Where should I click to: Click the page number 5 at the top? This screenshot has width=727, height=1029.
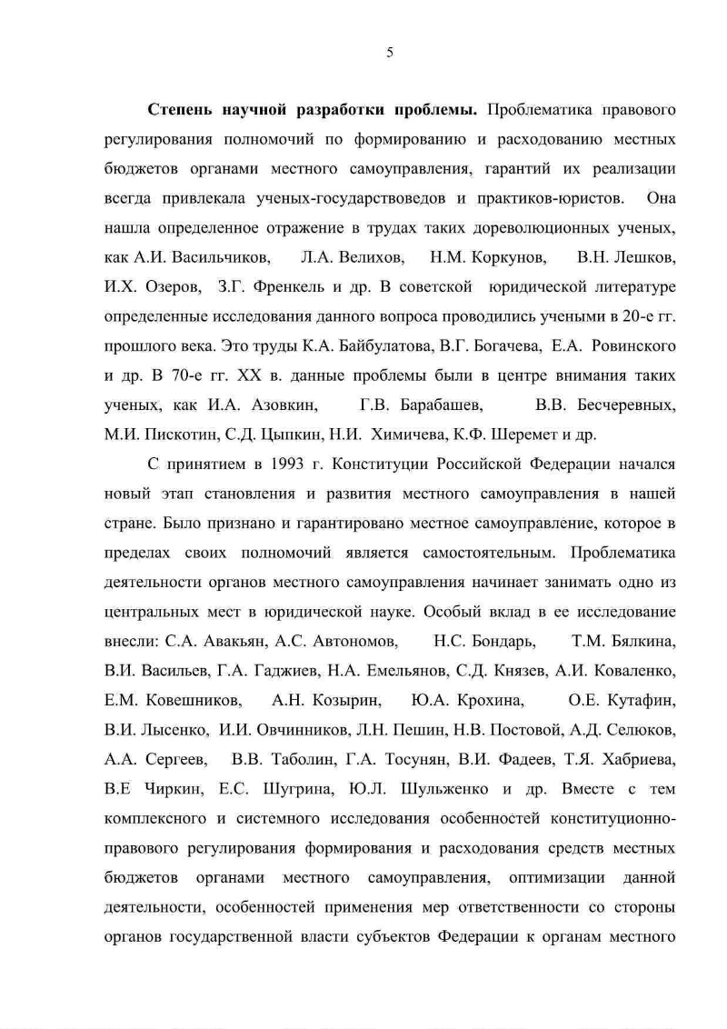tap(389, 53)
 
